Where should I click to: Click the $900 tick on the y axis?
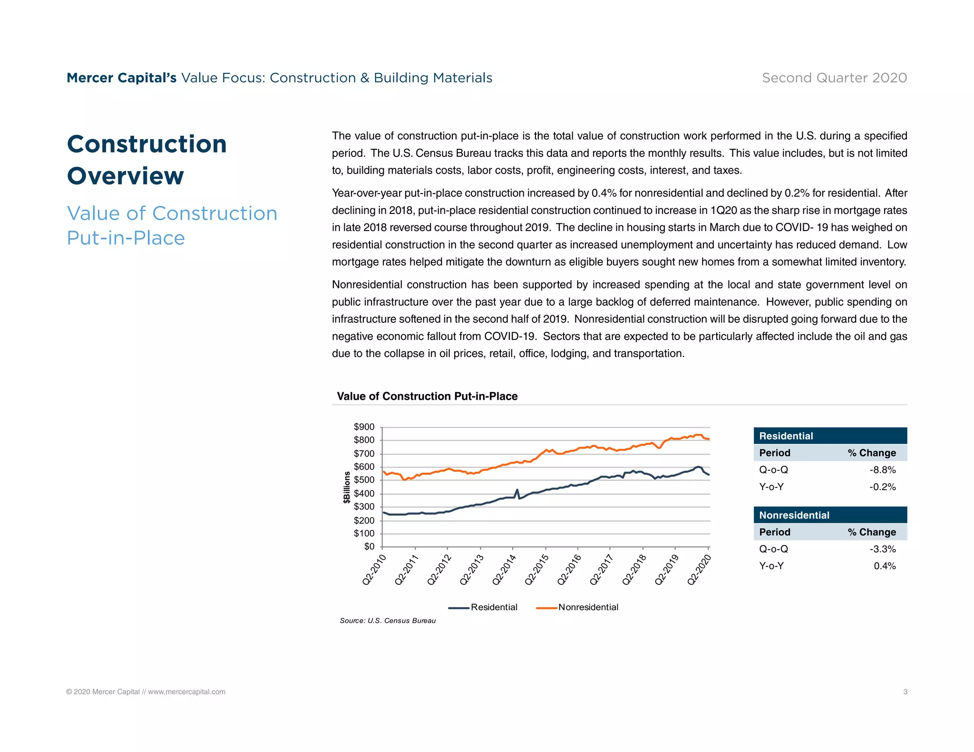[364, 427]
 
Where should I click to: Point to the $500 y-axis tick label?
[364, 480]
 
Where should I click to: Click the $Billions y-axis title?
[347, 487]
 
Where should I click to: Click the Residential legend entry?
[494, 607]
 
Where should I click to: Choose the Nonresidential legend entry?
[588, 607]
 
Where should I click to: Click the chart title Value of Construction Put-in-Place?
[427, 396]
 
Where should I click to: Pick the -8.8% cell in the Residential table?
[882, 470]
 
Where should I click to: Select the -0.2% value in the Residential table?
[882, 487]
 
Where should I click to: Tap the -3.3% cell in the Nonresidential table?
[882, 549]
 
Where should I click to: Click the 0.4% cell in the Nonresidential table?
[885, 566]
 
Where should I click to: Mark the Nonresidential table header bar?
[830, 515]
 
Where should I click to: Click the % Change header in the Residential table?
[871, 453]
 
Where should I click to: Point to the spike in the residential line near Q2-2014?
[517, 490]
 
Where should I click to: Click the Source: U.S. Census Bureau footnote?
[388, 620]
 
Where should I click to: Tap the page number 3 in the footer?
[905, 692]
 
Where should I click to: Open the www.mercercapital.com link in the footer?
[186, 692]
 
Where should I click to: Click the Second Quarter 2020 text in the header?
[834, 77]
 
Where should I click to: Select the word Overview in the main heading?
[126, 176]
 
